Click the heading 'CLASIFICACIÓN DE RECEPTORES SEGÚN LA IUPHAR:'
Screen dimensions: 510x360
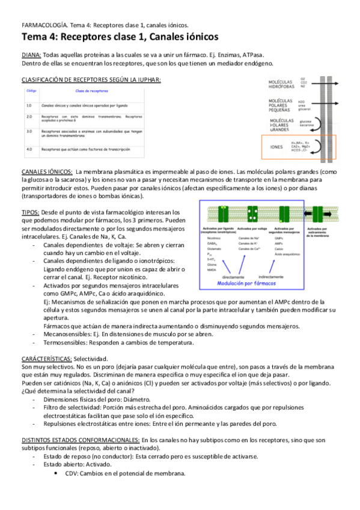click(x=91, y=79)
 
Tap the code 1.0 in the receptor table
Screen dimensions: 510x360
click(x=29, y=105)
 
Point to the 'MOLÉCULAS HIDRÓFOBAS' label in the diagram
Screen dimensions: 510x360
click(x=281, y=84)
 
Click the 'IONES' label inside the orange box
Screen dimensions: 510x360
click(x=277, y=146)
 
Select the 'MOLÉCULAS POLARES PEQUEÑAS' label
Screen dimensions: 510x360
click(x=281, y=106)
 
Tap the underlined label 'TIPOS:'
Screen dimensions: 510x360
click(x=31, y=212)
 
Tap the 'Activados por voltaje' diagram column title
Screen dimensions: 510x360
click(x=252, y=229)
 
